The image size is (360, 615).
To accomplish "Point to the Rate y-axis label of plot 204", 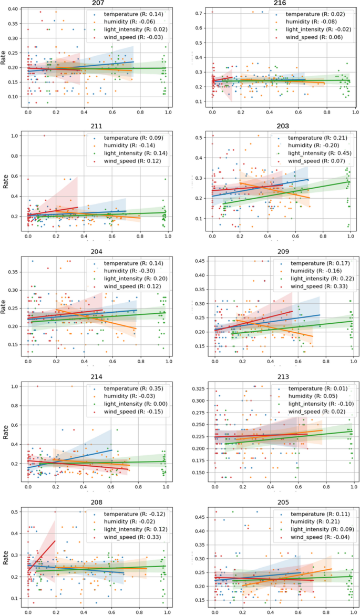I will [x=4, y=306].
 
